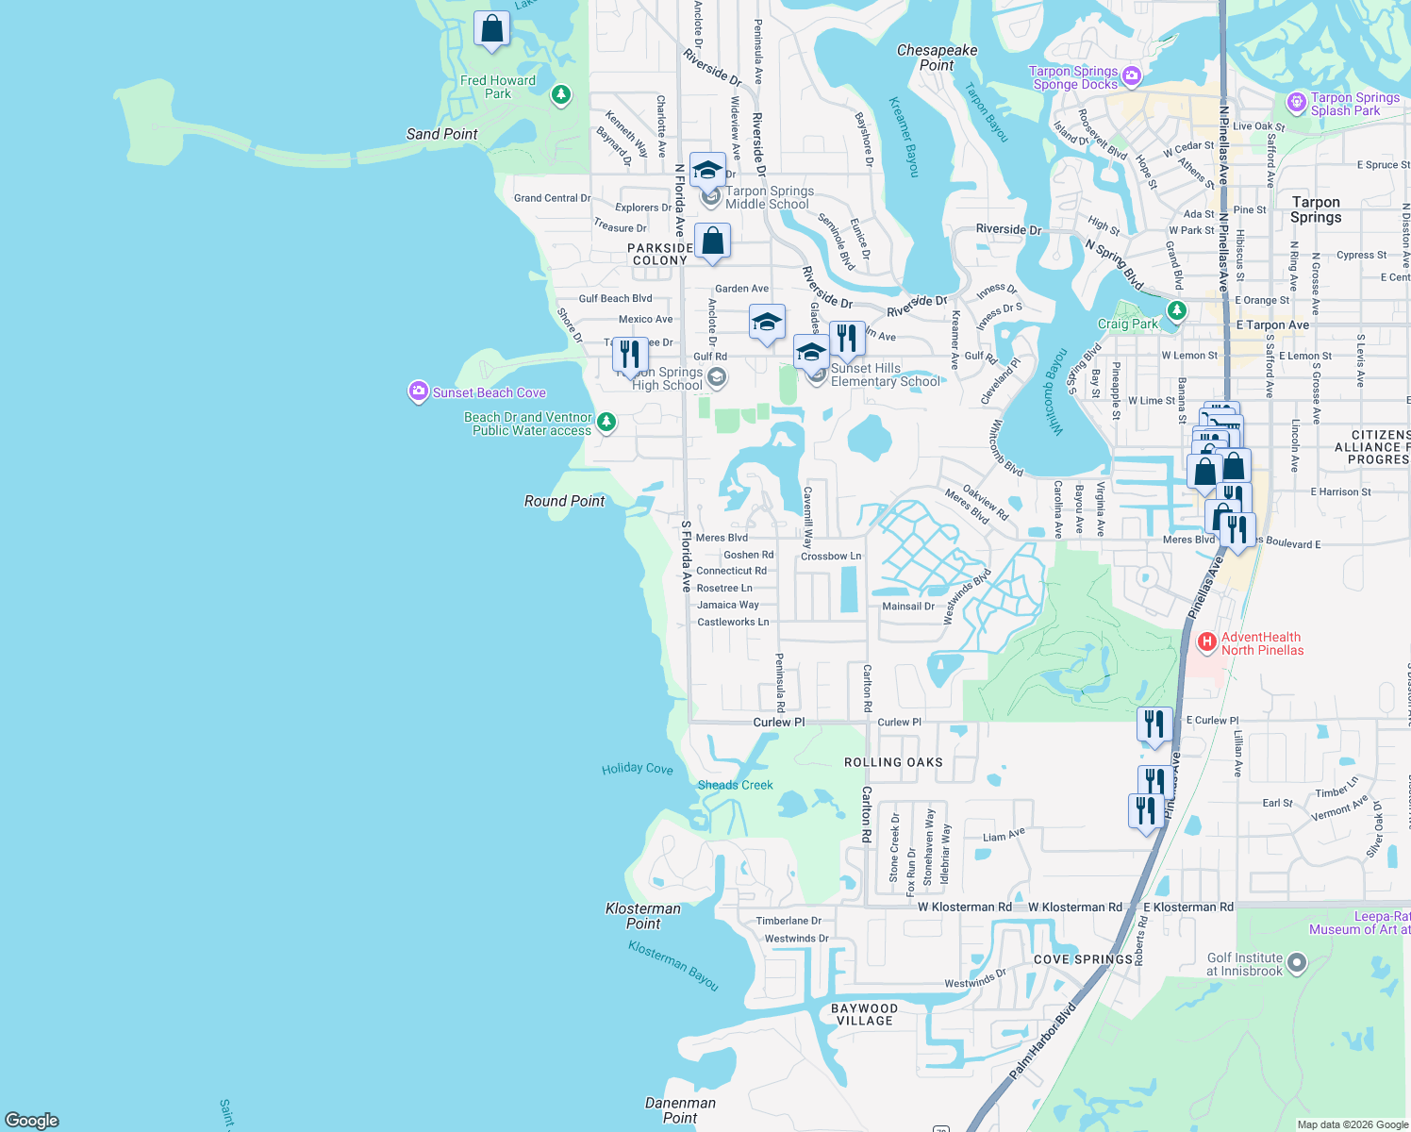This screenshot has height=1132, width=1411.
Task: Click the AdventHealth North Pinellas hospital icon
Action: (x=1205, y=643)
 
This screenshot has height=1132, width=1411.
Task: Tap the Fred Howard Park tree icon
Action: (x=561, y=94)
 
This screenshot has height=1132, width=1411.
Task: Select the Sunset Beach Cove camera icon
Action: (x=418, y=391)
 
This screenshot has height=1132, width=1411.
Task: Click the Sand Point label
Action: (x=441, y=134)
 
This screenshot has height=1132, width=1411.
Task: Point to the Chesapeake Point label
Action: (x=937, y=58)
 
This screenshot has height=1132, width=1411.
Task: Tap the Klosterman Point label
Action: (x=642, y=916)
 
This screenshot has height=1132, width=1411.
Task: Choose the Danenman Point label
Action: (x=680, y=1110)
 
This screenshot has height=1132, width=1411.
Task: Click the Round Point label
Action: (x=564, y=501)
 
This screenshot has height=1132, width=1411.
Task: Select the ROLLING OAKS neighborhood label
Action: (x=893, y=762)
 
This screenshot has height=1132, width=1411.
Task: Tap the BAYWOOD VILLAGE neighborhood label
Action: (x=864, y=1014)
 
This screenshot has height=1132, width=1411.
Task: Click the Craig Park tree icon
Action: (x=1176, y=309)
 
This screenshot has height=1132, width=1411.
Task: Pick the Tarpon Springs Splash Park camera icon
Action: (x=1297, y=102)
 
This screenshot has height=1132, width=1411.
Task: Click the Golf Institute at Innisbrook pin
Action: (x=1297, y=963)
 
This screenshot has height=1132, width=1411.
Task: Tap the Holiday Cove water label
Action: (x=638, y=769)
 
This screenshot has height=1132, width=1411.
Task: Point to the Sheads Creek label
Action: (x=735, y=785)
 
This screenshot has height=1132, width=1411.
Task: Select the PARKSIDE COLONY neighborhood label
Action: (x=660, y=254)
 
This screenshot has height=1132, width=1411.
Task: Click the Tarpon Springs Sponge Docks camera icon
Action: (x=1132, y=75)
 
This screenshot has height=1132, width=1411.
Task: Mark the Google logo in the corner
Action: (x=32, y=1120)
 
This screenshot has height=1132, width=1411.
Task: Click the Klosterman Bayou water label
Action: (x=673, y=966)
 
